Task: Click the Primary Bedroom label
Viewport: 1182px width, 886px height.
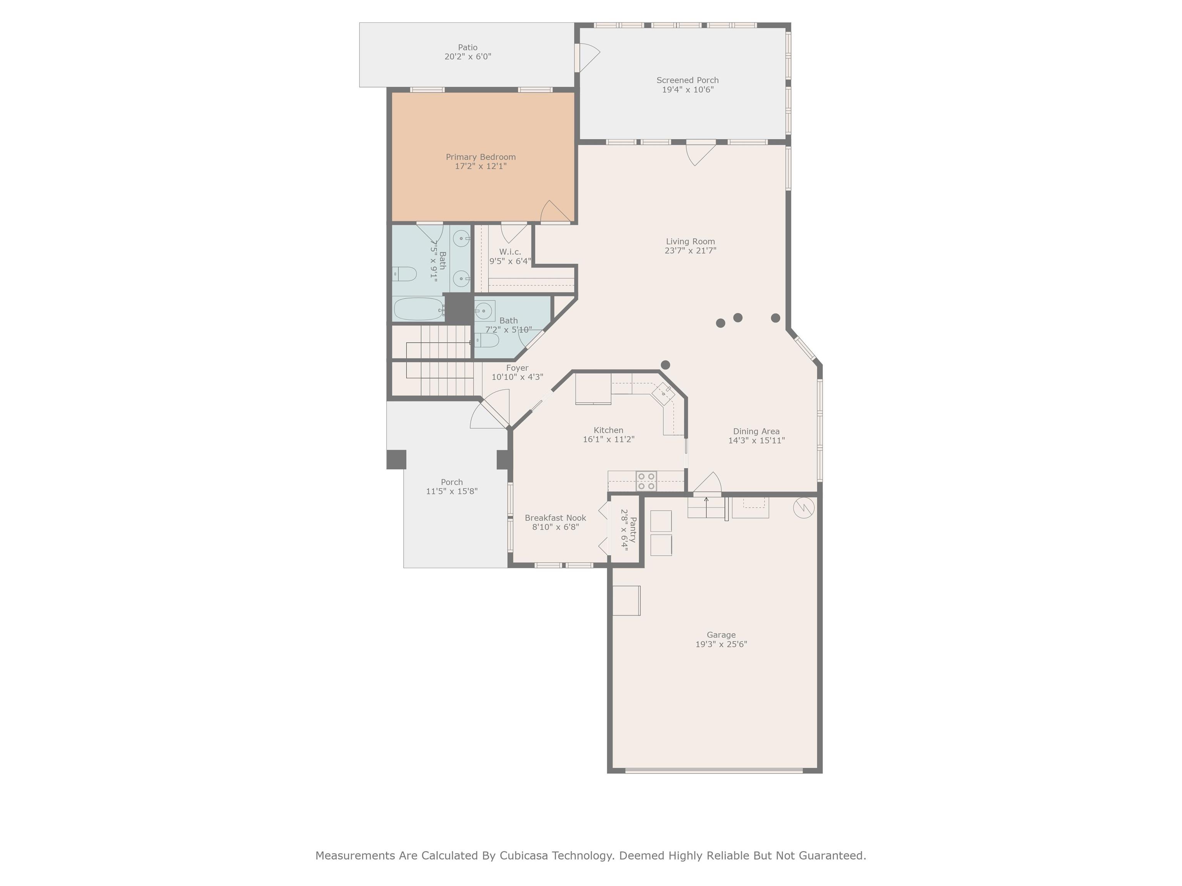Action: (481, 157)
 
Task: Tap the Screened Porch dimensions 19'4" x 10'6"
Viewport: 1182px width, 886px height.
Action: (688, 90)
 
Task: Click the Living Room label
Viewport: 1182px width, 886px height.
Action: (690, 241)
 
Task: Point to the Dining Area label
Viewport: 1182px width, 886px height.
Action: (756, 431)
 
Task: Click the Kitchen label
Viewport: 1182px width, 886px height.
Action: (609, 430)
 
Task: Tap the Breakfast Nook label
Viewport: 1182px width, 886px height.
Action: (555, 518)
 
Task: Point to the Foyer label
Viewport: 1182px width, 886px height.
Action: (517, 368)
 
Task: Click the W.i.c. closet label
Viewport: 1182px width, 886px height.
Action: (510, 252)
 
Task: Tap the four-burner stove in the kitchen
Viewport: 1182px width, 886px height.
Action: (646, 481)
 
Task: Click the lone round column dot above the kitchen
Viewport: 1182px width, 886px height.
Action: (665, 365)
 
